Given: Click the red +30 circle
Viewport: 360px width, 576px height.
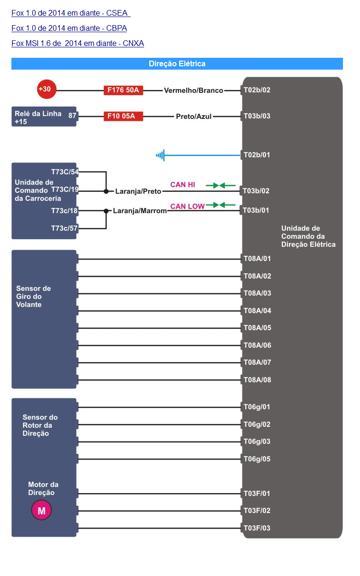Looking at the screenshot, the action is tap(46, 89).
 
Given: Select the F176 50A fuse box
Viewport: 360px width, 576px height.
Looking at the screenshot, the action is tap(123, 90).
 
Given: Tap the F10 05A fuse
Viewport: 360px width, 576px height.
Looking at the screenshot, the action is tap(123, 116).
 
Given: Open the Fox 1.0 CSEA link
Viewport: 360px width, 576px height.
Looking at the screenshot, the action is tap(71, 13).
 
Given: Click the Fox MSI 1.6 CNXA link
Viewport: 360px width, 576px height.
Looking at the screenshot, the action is tap(78, 43).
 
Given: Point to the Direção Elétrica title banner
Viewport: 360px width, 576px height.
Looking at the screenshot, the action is tap(177, 63).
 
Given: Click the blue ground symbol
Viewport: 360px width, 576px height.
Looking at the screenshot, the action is tap(160, 155).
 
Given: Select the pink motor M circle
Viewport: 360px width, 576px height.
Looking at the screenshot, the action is tap(41, 511).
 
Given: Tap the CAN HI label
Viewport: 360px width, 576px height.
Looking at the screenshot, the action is tap(182, 185).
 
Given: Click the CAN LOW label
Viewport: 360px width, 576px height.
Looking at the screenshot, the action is tap(187, 206).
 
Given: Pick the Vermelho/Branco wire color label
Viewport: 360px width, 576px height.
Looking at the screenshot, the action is tap(194, 90).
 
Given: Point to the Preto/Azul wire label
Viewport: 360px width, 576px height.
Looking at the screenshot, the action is tap(194, 117).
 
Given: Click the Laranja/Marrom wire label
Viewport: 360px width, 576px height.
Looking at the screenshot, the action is tap(140, 211).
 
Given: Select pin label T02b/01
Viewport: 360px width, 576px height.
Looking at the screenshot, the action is tap(257, 155).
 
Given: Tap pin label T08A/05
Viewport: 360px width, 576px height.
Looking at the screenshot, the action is tap(257, 328).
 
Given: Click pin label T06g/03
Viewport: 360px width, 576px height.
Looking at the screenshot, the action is tap(257, 441).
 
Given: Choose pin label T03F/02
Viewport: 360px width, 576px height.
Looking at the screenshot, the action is tap(257, 511).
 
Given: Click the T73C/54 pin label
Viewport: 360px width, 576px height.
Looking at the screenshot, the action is tap(65, 172).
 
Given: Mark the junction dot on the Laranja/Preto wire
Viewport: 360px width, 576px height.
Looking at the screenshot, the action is tap(106, 191).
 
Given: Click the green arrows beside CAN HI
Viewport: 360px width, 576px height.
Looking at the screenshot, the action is tap(221, 185).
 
